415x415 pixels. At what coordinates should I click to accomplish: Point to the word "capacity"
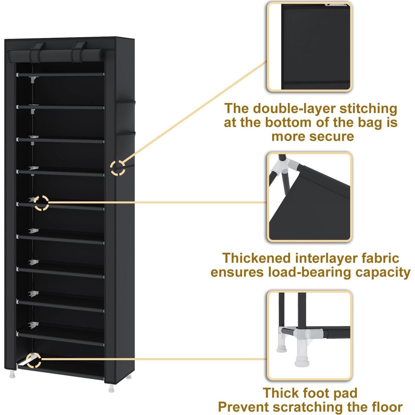coord(383,272)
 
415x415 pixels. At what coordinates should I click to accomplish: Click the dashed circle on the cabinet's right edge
coord(118,168)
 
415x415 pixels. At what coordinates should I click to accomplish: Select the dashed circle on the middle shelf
coord(41,203)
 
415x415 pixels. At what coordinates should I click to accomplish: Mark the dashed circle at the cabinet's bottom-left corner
coord(33,360)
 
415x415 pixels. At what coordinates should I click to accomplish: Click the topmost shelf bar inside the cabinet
coord(60,75)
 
